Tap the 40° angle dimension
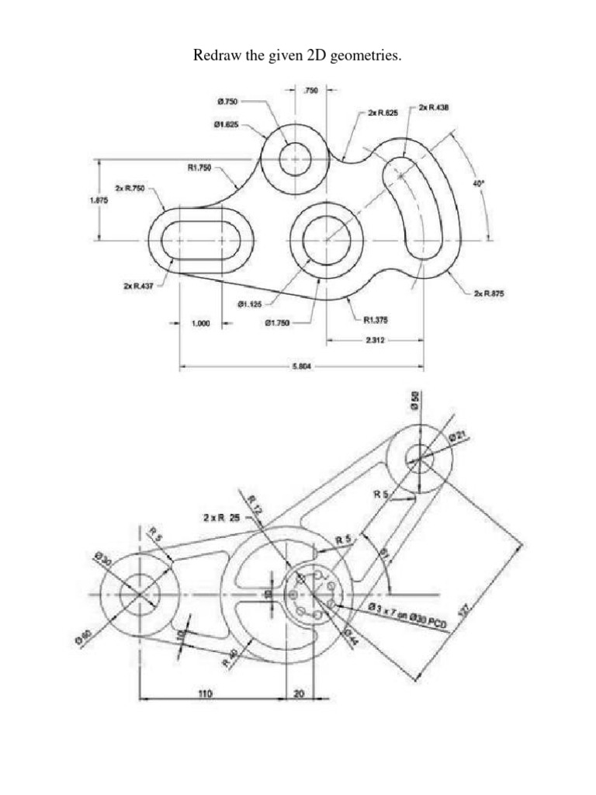pos(479,183)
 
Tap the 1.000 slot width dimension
pos(201,325)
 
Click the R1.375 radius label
pos(376,318)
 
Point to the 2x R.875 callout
pos(489,293)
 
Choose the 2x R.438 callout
pos(433,107)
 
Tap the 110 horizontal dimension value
pos(203,693)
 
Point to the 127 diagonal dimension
pos(466,610)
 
